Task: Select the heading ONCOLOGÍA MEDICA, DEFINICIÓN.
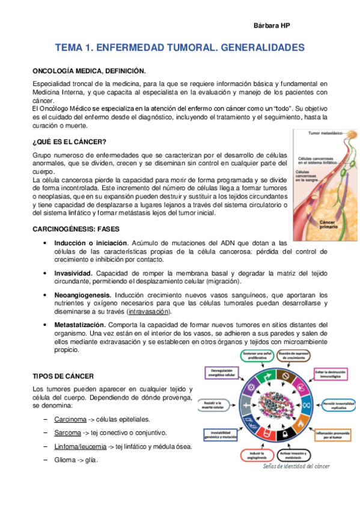pos(89,70)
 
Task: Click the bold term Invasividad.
pos(73,273)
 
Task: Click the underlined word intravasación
pos(148,312)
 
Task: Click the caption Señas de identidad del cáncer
pos(297,467)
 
